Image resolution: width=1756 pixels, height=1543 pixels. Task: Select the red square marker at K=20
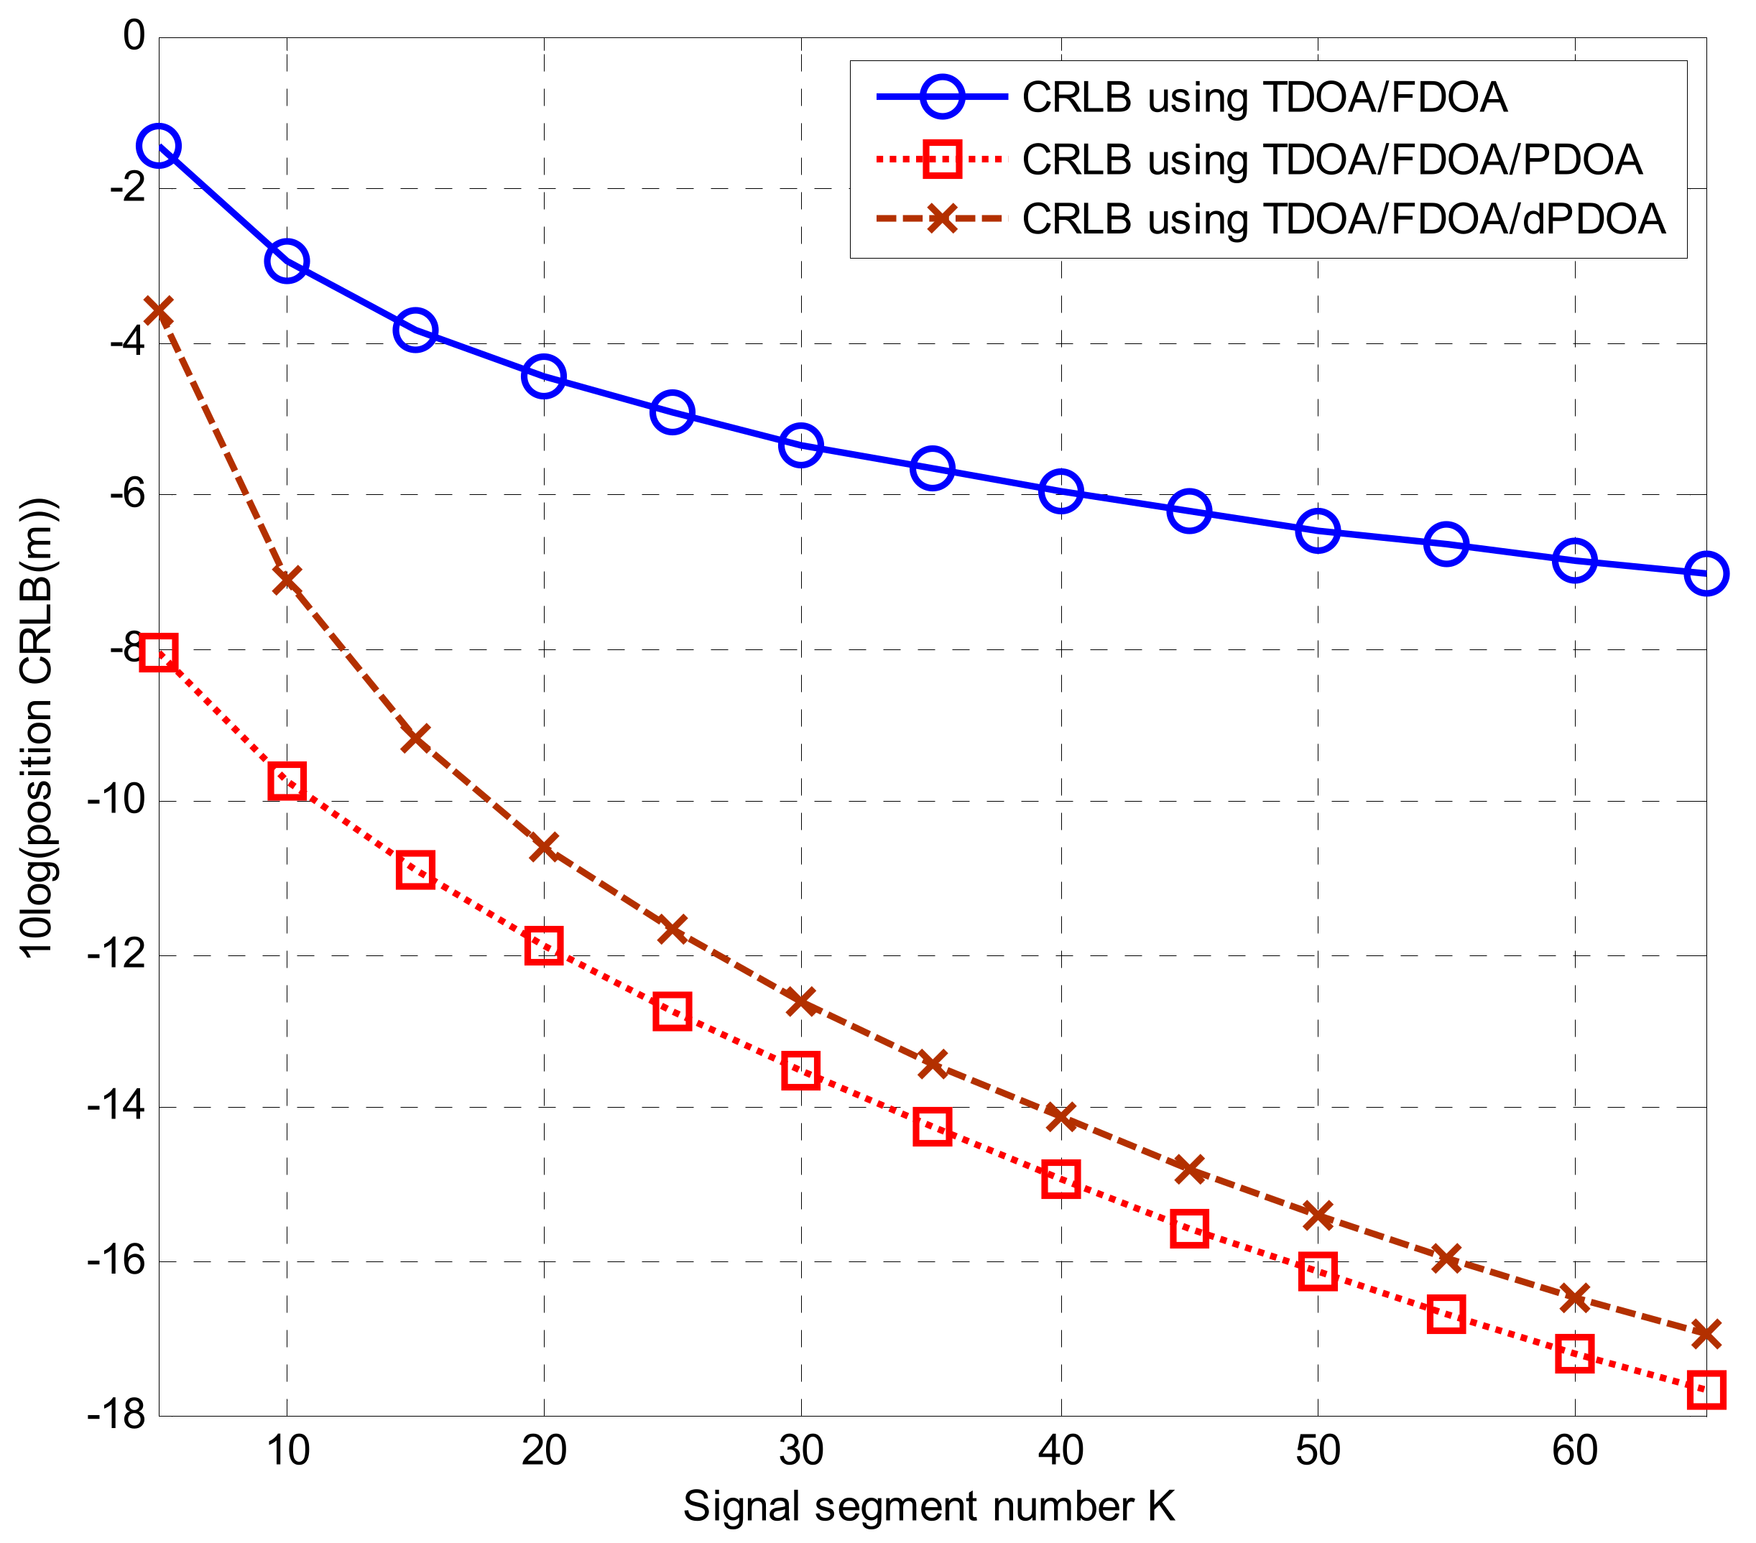click(544, 945)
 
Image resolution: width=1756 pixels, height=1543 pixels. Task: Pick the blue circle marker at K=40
click(1061, 491)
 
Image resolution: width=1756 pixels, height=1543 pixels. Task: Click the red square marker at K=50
click(1318, 1271)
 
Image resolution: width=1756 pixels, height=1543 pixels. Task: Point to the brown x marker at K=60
click(1575, 1297)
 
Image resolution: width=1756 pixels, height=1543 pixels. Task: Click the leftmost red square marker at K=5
click(159, 653)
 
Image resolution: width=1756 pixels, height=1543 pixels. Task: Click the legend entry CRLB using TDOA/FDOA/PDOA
click(1331, 159)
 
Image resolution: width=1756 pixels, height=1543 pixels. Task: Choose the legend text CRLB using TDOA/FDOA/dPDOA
click(1343, 219)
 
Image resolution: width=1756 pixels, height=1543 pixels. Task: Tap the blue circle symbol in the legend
click(941, 97)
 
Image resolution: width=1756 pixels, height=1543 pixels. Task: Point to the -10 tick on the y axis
click(115, 801)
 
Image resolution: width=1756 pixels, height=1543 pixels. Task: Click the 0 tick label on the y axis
click(134, 37)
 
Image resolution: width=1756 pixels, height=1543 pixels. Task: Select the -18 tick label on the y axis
click(115, 1415)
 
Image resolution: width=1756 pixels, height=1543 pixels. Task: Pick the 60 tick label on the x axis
click(1574, 1451)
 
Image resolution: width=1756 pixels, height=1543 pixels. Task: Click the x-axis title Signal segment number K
click(929, 1507)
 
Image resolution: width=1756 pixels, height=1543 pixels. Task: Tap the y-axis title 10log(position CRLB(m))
click(39, 727)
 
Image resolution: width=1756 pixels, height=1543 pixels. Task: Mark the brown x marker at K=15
click(415, 738)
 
